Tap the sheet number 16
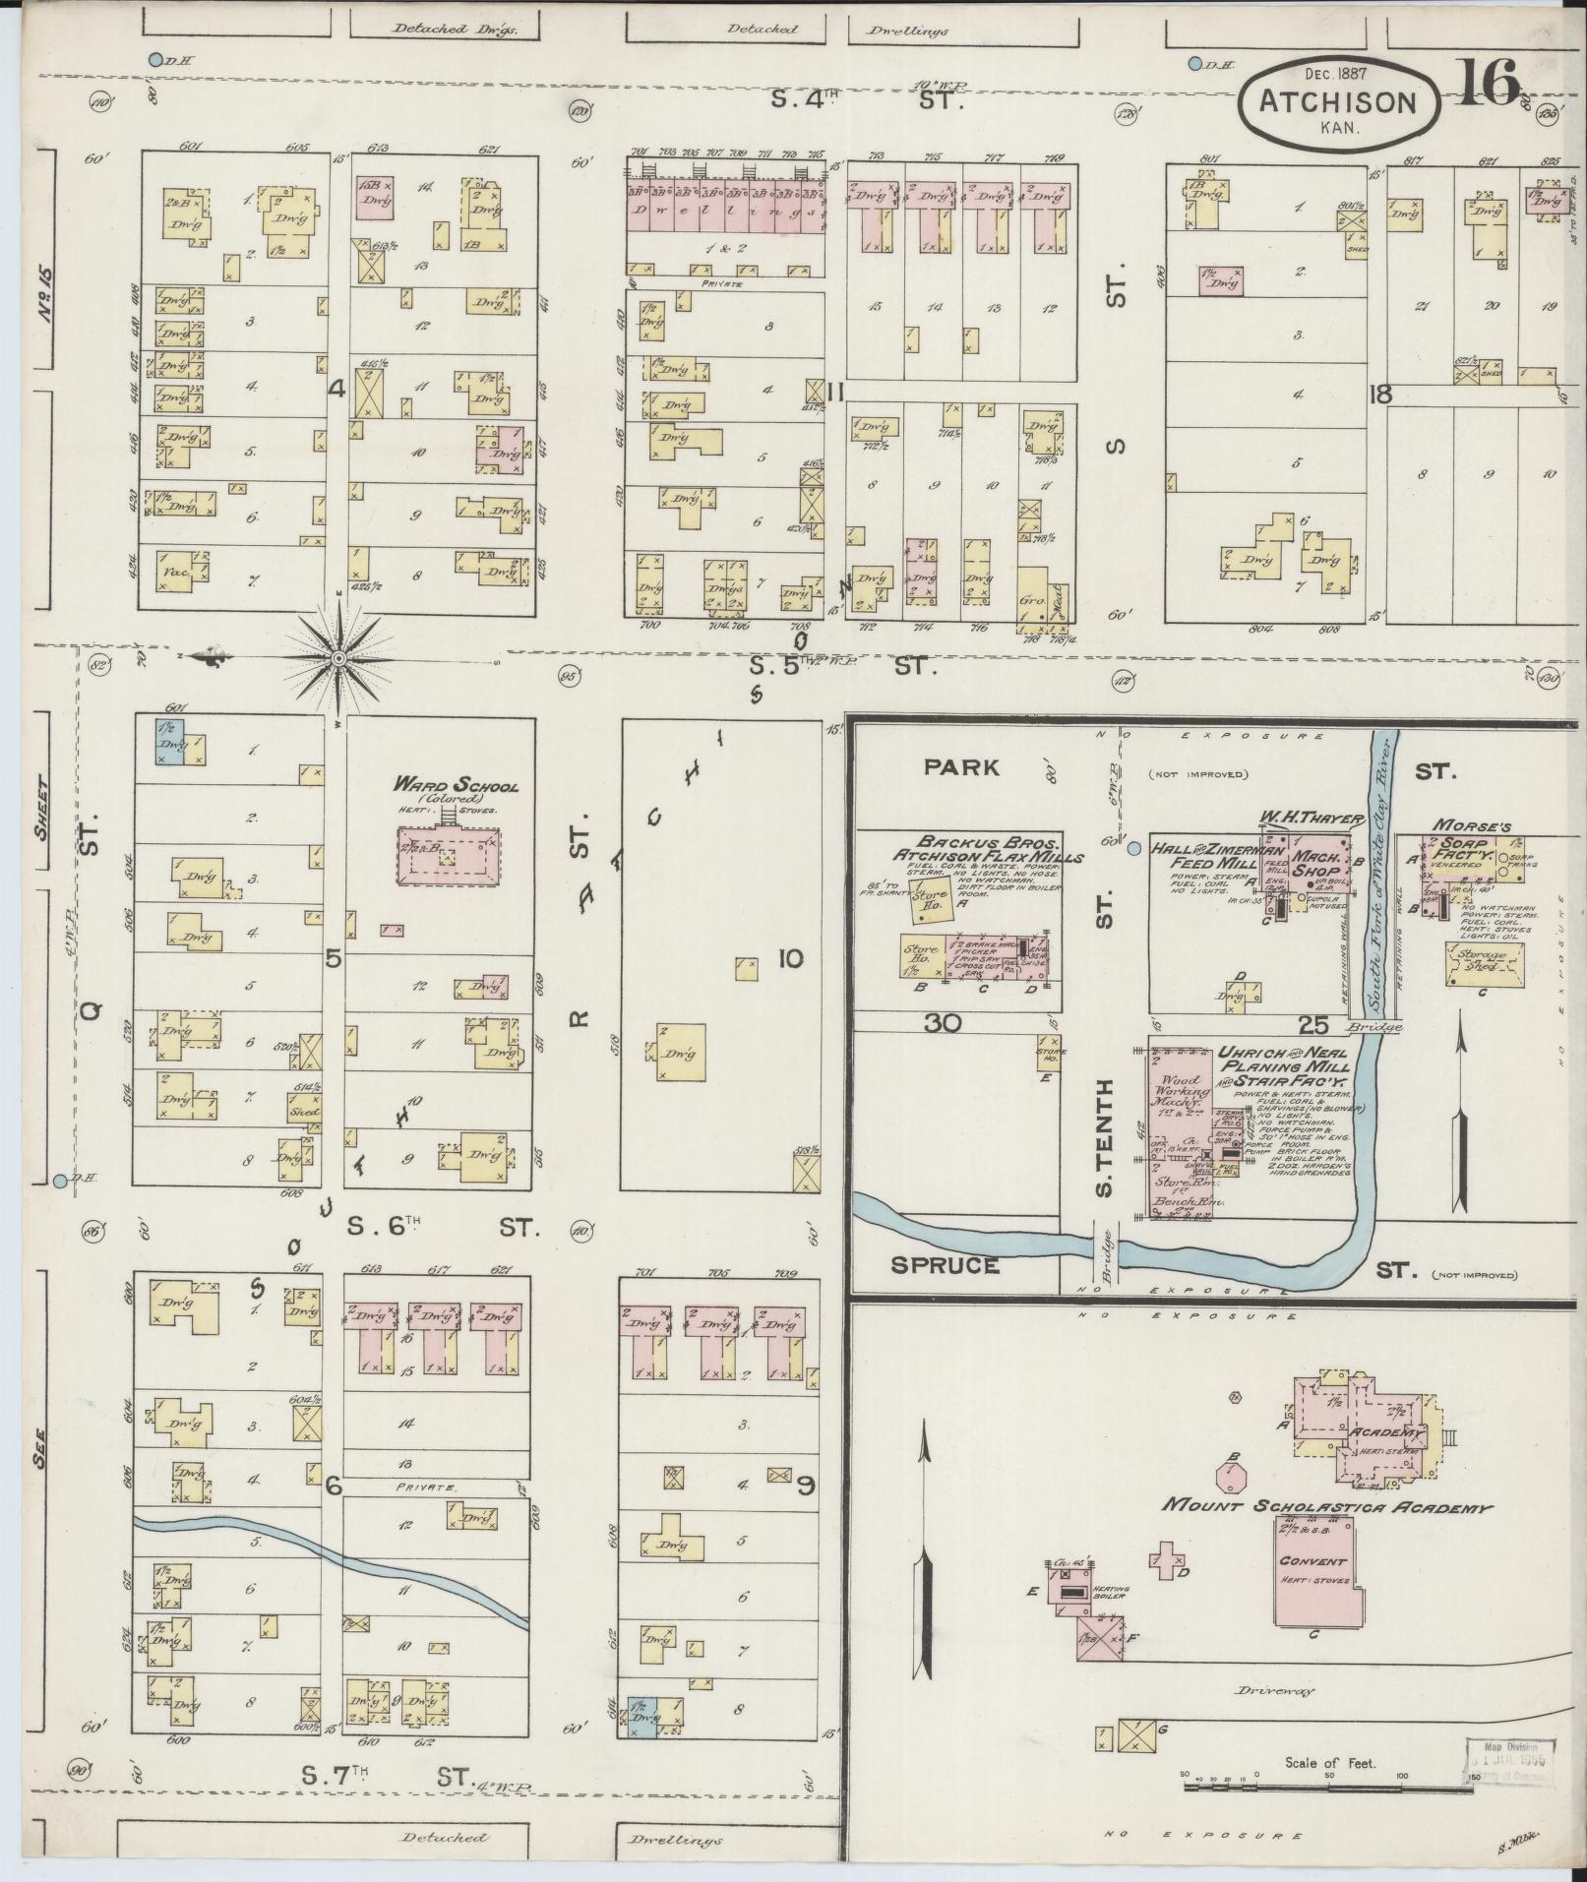pos(1491,83)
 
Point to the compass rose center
pos(337,656)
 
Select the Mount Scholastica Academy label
pos(1327,1506)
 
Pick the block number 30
pos(942,1023)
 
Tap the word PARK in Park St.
pos(960,766)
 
